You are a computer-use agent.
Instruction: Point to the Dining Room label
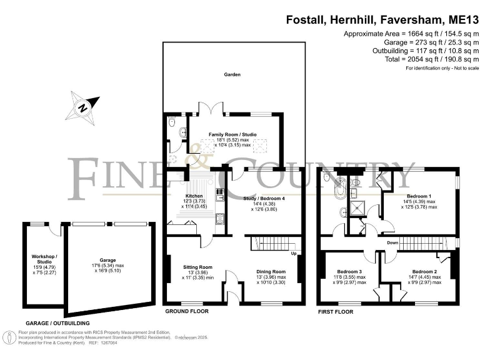pos(271,272)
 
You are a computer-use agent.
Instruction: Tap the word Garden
pos(232,74)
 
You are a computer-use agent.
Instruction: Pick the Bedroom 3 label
pos(349,272)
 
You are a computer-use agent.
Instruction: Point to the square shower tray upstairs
pos(357,209)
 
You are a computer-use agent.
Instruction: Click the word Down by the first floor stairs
pos(393,242)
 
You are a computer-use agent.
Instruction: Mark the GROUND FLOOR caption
pos(186,311)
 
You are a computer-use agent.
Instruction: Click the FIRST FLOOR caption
pos(336,311)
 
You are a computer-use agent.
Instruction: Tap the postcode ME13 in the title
pos(459,19)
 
